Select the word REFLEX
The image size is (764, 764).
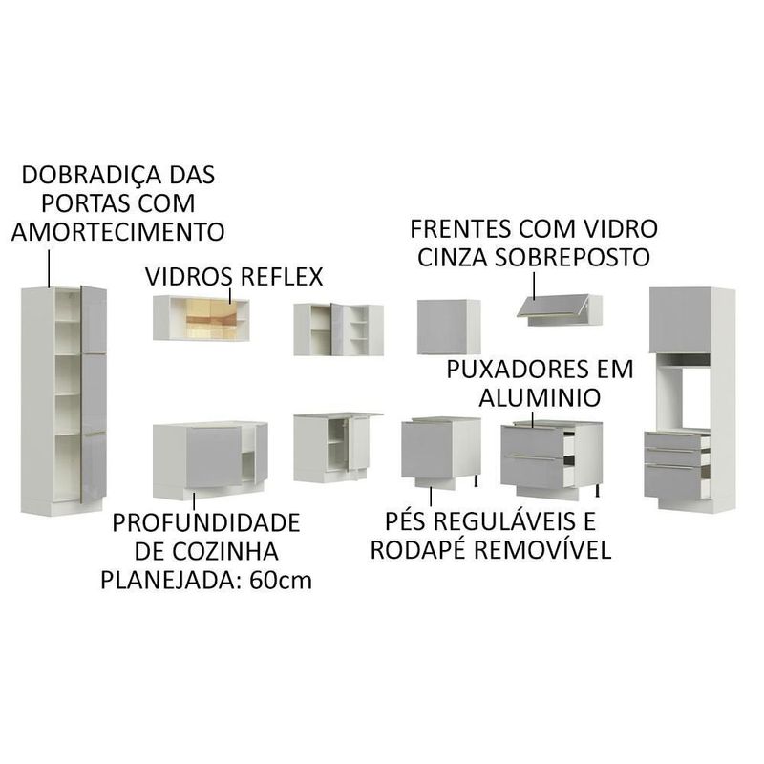pyautogui.click(x=276, y=277)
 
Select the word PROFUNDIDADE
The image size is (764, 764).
pyautogui.click(x=205, y=523)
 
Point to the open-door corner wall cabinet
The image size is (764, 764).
pyautogui.click(x=337, y=329)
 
